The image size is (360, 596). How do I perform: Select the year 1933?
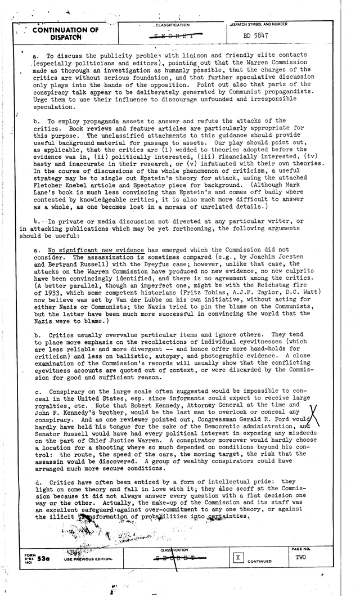click(x=55, y=287)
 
